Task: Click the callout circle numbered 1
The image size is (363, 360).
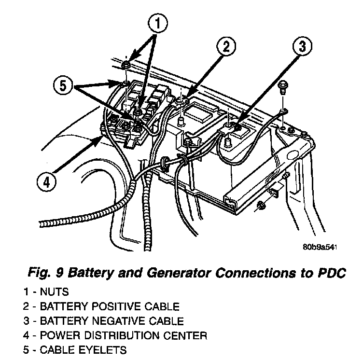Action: [158, 22]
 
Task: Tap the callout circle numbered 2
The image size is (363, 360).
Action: [225, 48]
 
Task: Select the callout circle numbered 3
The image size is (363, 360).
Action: [301, 48]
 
